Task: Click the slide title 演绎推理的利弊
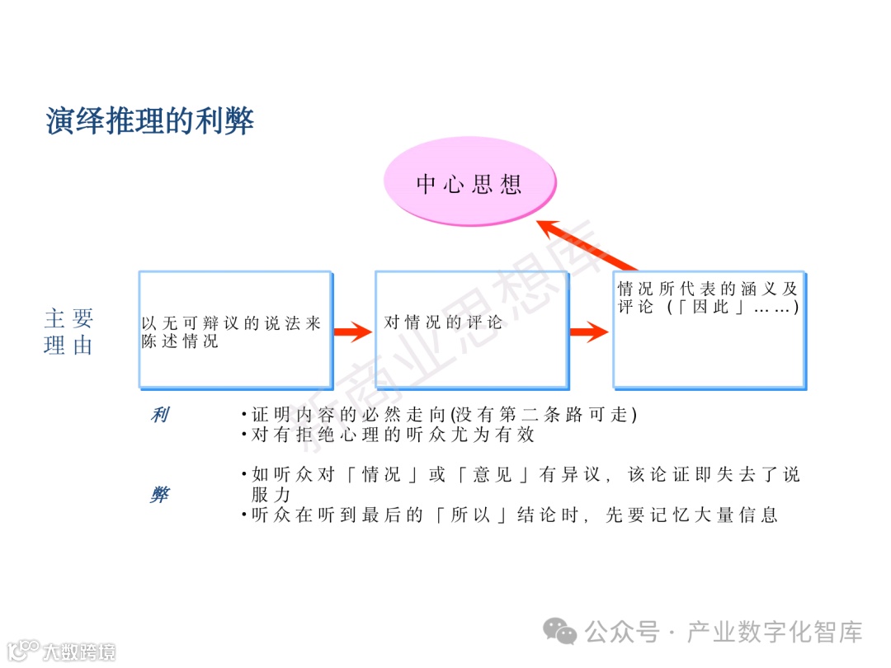pos(149,121)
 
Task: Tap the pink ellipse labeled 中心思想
pos(469,183)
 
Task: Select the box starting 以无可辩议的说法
pos(235,330)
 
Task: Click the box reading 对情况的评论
pos(471,330)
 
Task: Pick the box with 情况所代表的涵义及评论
pos(709,330)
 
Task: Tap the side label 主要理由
pos(68,332)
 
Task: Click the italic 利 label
pos(159,415)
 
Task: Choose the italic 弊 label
pos(159,495)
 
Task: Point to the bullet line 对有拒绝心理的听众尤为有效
pos(388,434)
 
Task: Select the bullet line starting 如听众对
pos(520,475)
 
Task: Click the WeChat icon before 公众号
pos(565,633)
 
